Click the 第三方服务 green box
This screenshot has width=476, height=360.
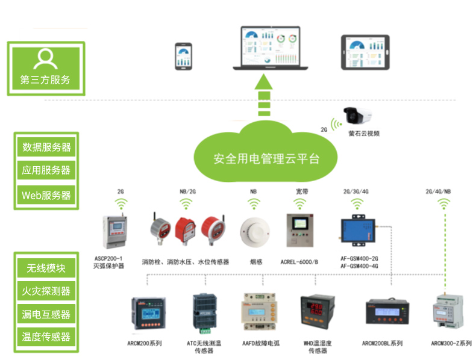click(46, 69)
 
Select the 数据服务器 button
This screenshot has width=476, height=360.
click(46, 147)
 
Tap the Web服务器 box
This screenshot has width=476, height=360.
click(46, 195)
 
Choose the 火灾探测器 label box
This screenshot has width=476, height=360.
click(46, 291)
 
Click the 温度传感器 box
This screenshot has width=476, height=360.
click(46, 337)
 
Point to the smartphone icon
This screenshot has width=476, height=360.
click(183, 57)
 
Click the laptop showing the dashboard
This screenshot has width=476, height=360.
click(270, 48)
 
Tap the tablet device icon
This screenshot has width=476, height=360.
click(365, 52)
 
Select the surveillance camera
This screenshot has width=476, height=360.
click(357, 116)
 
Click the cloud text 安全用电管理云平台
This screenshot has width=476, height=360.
click(266, 158)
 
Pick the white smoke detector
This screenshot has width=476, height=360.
click(255, 232)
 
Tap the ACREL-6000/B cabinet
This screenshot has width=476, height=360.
click(299, 230)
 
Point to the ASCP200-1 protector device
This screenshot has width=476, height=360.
click(114, 231)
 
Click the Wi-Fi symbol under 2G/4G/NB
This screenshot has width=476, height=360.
click(444, 204)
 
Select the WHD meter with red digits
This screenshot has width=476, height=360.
click(317, 312)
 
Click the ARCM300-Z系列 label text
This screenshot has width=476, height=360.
click(451, 343)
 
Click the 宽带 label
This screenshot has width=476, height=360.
click(302, 191)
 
